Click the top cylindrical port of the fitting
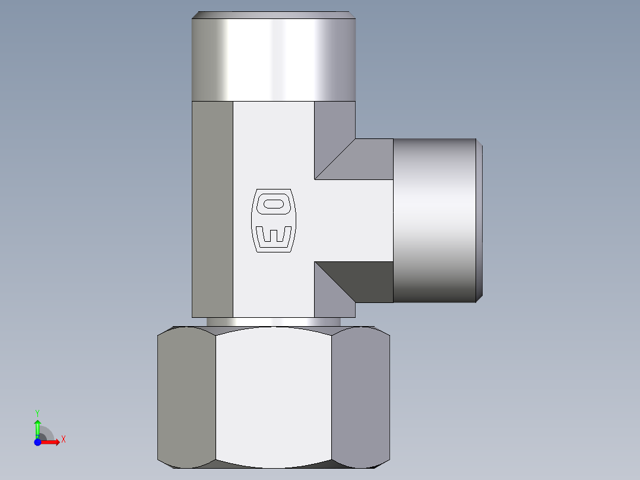(273, 59)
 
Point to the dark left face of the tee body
(212, 208)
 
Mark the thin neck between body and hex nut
(273, 321)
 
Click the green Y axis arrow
(37, 426)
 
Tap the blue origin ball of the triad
(37, 442)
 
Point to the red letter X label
(64, 440)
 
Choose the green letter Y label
(37, 412)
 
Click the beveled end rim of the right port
(479, 220)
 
